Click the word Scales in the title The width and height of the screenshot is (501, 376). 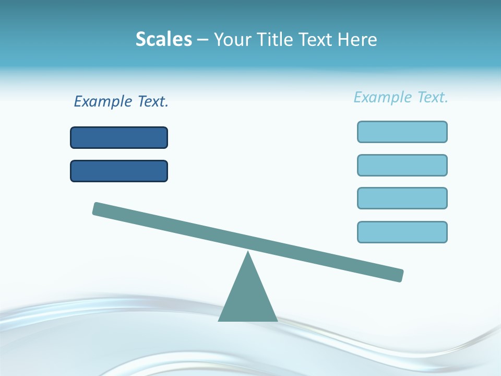[164, 39]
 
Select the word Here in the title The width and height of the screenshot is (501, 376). [357, 39]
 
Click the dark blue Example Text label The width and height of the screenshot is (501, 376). [121, 101]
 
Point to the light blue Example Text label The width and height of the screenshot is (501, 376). [401, 97]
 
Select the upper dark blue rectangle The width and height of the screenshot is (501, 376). [119, 137]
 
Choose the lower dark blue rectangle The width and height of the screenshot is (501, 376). [119, 171]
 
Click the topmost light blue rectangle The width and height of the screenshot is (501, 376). [402, 132]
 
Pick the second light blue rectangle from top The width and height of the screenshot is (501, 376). [402, 165]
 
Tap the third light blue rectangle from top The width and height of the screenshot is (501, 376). [402, 198]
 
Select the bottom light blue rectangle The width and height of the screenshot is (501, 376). [402, 232]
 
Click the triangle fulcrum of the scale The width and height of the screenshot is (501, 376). [248, 298]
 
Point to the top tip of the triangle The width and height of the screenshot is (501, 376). [248, 252]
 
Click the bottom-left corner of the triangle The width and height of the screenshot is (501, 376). [219, 320]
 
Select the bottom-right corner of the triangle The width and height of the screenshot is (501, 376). [277, 320]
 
